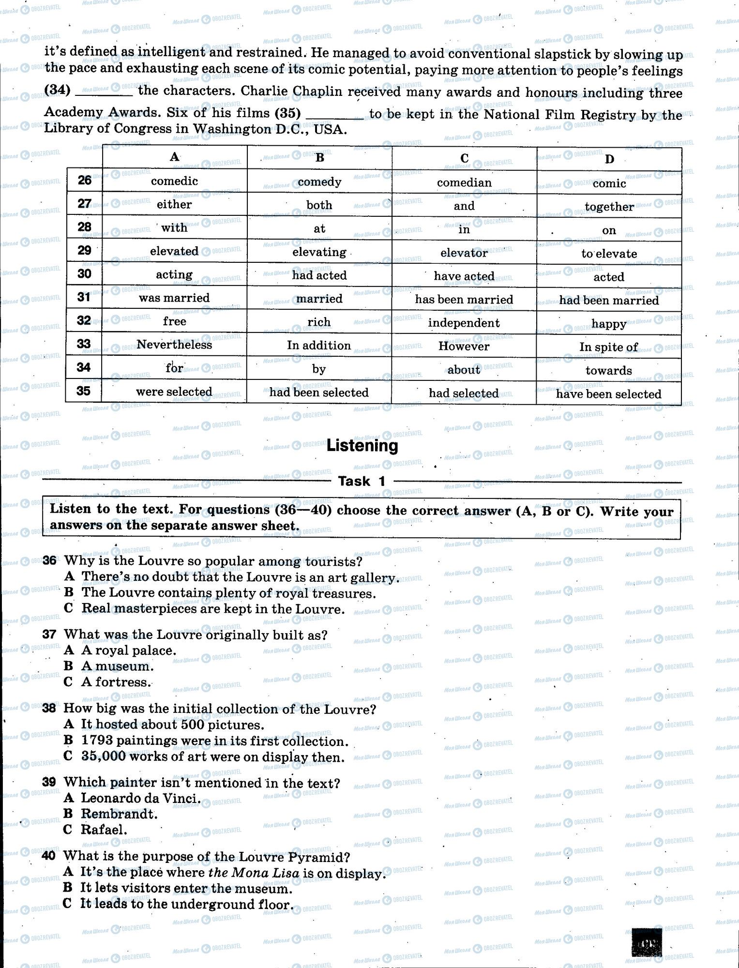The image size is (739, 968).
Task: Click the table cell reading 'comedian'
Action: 464,182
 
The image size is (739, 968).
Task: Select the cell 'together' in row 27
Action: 609,207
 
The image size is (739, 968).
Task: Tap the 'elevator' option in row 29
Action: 464,253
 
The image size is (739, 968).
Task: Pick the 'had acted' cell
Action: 319,275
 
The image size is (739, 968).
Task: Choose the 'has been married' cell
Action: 464,300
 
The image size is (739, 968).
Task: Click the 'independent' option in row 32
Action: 464,323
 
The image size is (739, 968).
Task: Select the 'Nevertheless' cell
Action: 174,345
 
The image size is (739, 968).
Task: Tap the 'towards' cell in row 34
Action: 608,371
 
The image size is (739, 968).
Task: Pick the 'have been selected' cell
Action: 608,394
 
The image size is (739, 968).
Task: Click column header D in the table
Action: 609,159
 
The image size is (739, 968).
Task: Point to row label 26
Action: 84,181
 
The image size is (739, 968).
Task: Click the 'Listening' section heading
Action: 362,445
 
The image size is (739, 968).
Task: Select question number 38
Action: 49,709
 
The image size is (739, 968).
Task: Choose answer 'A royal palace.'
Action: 128,650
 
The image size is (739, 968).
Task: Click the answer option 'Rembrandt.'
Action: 119,814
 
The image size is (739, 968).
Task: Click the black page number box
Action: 649,942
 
